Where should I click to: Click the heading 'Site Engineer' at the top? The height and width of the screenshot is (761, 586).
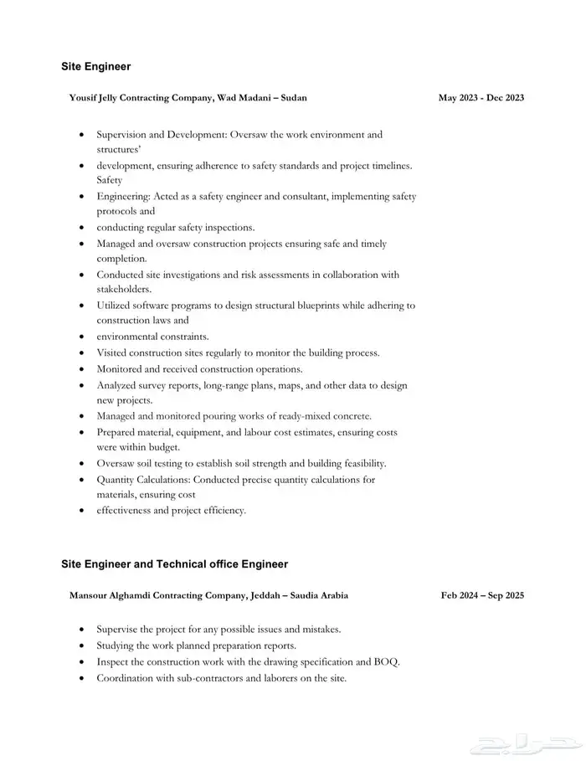click(x=95, y=66)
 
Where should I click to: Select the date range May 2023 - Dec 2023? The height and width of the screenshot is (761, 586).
click(x=481, y=98)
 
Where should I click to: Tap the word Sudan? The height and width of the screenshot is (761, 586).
click(x=293, y=98)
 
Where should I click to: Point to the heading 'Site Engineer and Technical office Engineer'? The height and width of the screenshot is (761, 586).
click(x=174, y=564)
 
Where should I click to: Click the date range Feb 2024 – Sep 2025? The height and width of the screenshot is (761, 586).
click(x=482, y=595)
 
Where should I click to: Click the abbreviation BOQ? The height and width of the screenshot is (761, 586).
click(x=387, y=661)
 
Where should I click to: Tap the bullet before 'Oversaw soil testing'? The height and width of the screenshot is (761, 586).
click(x=80, y=464)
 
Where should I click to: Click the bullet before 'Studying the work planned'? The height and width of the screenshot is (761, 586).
click(x=80, y=646)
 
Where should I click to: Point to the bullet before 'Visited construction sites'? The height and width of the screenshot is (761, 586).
click(x=80, y=353)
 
